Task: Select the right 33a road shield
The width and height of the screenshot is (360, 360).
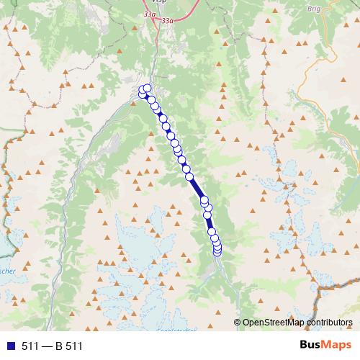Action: (x=168, y=22)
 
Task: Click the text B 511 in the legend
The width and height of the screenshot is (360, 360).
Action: (x=69, y=346)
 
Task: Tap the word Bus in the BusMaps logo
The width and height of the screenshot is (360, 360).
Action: (x=311, y=345)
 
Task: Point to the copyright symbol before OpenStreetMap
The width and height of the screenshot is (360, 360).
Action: (x=238, y=322)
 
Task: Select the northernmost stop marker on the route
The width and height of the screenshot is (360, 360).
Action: (x=147, y=88)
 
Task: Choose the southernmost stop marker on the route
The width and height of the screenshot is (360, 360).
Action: (x=217, y=251)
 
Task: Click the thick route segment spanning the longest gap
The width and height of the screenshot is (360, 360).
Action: (x=197, y=188)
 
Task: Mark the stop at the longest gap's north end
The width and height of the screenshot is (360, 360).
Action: (x=189, y=176)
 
